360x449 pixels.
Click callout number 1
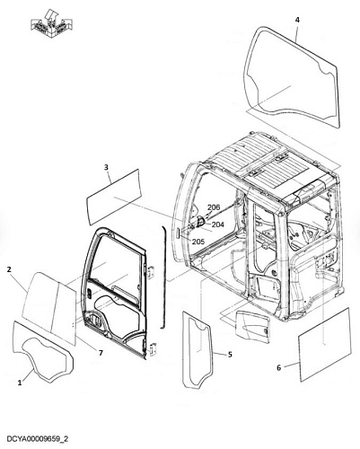point(20,383)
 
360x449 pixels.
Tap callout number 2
point(9,269)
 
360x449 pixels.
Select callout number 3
point(106,167)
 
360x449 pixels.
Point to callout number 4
point(297,20)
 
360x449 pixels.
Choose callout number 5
point(230,355)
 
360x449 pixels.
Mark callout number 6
point(278,367)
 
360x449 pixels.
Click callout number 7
point(101,353)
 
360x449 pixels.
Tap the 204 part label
point(218,224)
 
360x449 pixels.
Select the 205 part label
point(198,242)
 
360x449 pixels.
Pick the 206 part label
point(214,207)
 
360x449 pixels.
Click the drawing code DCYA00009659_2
point(37,439)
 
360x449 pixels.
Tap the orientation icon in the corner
point(51,23)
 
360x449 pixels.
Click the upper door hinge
point(151,271)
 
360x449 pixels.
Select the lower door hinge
point(154,348)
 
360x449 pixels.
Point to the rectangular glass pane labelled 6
point(325,344)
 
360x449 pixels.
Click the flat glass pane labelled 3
point(113,197)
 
